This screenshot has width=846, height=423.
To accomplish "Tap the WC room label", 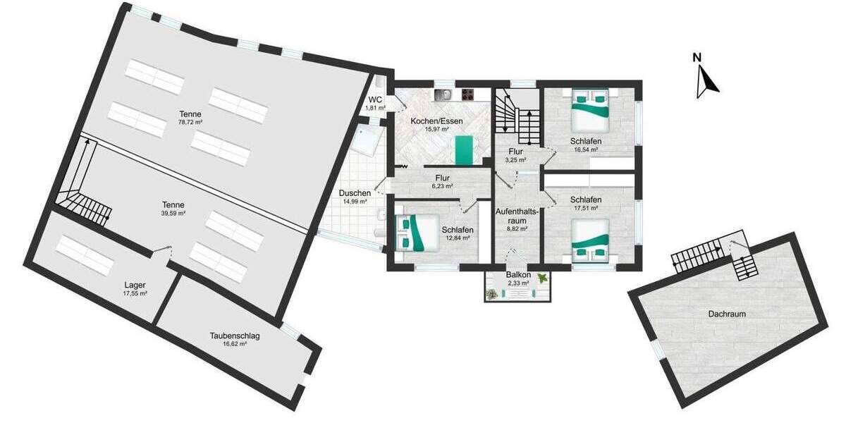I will click(x=374, y=99).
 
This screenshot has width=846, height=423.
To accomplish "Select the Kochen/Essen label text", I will click(x=436, y=121).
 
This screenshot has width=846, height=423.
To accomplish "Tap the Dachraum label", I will click(x=728, y=314).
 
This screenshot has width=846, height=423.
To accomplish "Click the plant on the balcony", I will click(x=541, y=278).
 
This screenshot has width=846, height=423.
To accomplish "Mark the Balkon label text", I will click(x=517, y=275).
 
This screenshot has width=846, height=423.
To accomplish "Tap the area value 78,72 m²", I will click(x=190, y=122).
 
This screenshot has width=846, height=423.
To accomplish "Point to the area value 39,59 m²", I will click(x=173, y=212).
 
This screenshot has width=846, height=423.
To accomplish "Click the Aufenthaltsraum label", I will click(x=517, y=216).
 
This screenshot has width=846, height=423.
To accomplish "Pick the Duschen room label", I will click(x=355, y=192).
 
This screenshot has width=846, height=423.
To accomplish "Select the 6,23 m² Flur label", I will click(x=443, y=178).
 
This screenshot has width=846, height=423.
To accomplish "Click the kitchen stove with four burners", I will click(x=470, y=94).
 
